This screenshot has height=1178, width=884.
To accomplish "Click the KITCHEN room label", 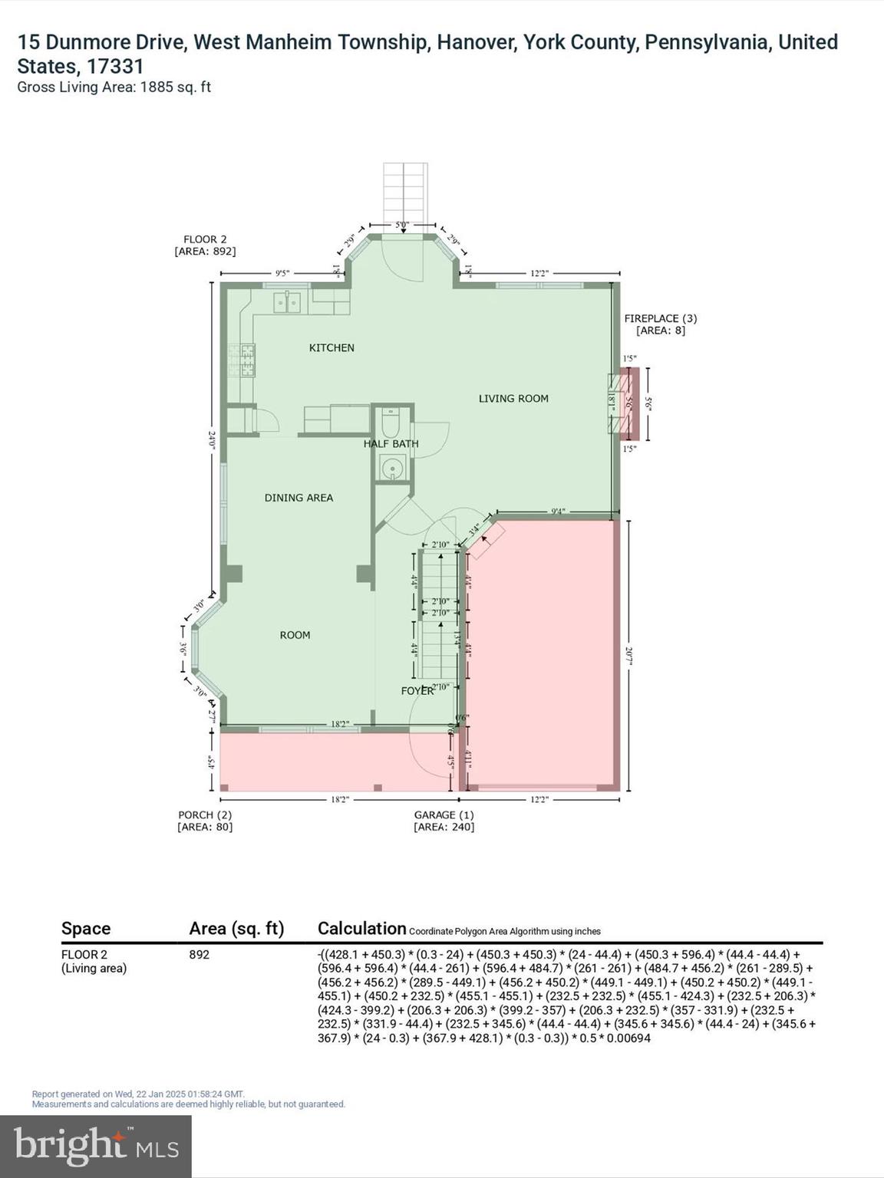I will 331,348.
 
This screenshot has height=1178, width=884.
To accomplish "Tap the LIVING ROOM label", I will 513,399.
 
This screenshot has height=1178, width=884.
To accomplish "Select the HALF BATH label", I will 391,444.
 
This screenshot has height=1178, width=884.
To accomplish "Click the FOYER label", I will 417,691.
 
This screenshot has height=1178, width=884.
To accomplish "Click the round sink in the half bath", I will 393,467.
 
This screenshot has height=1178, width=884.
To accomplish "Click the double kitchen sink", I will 288,302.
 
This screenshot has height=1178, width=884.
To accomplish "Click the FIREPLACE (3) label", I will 660,324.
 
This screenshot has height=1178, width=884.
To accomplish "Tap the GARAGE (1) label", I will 444,821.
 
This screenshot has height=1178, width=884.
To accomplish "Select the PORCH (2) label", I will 204,821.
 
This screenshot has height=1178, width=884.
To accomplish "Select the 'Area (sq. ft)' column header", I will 236,929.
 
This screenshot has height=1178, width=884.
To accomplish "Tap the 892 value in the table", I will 199,955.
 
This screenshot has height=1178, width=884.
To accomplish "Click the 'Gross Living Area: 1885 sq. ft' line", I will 114,87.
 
